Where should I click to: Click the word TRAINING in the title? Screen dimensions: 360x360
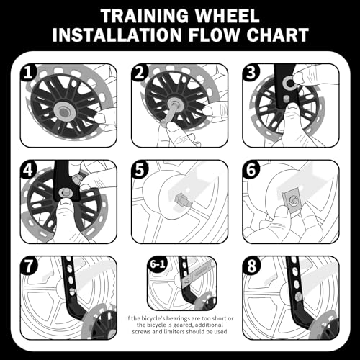click(145, 16)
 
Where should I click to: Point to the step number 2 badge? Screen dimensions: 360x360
click(139, 73)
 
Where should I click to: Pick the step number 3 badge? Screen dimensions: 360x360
click(251, 73)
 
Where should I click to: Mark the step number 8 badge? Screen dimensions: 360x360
click(251, 264)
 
